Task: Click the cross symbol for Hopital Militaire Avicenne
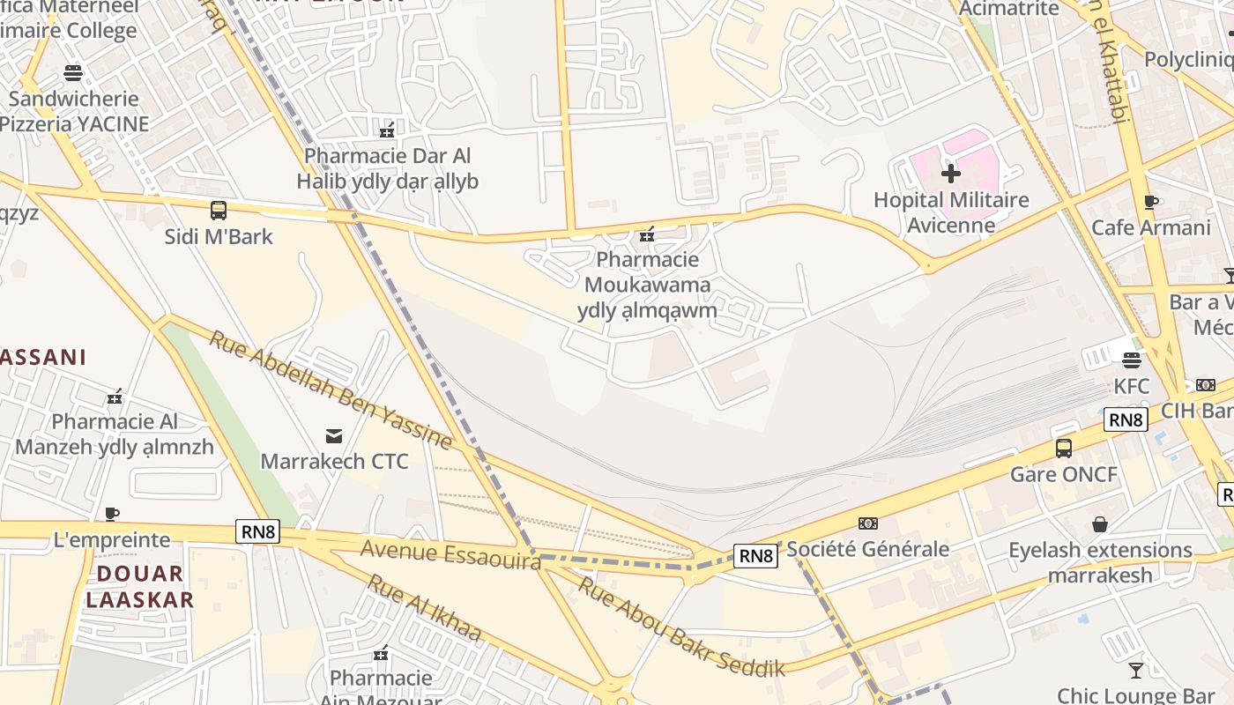click(x=950, y=174)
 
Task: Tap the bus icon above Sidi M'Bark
click(x=218, y=211)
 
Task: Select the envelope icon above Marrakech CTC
click(x=334, y=435)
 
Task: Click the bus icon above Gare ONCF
click(x=1064, y=448)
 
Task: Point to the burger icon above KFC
click(x=1132, y=360)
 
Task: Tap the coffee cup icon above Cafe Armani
click(x=1150, y=202)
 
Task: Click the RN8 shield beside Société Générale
click(x=755, y=555)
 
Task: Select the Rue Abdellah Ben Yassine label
click(x=330, y=390)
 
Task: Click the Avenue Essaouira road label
click(x=450, y=555)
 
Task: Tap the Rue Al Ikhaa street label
click(x=424, y=608)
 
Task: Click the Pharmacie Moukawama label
click(x=648, y=272)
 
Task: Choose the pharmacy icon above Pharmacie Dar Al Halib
click(x=386, y=131)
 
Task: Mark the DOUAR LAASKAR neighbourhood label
click(x=139, y=587)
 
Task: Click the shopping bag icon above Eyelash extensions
click(x=1100, y=524)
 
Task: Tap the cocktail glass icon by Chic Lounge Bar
click(x=1136, y=670)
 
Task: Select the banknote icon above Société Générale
click(x=868, y=523)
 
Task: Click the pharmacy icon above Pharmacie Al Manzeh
click(x=115, y=397)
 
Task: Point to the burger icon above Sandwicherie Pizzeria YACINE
click(x=73, y=72)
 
